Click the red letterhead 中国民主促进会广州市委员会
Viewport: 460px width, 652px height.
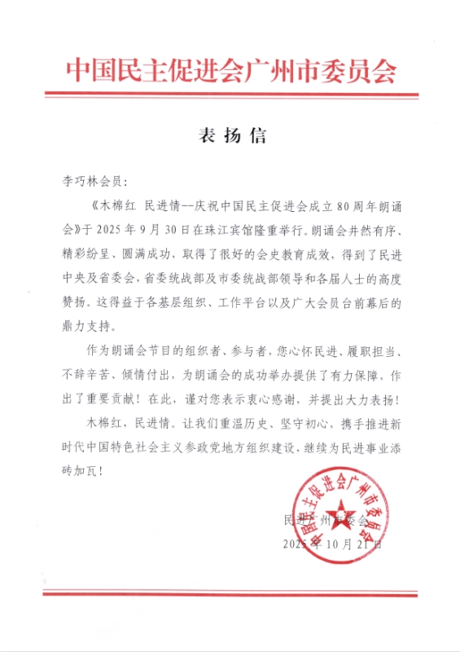(230, 71)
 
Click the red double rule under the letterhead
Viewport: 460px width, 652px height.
(230, 95)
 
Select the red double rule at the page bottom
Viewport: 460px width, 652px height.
(230, 593)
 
